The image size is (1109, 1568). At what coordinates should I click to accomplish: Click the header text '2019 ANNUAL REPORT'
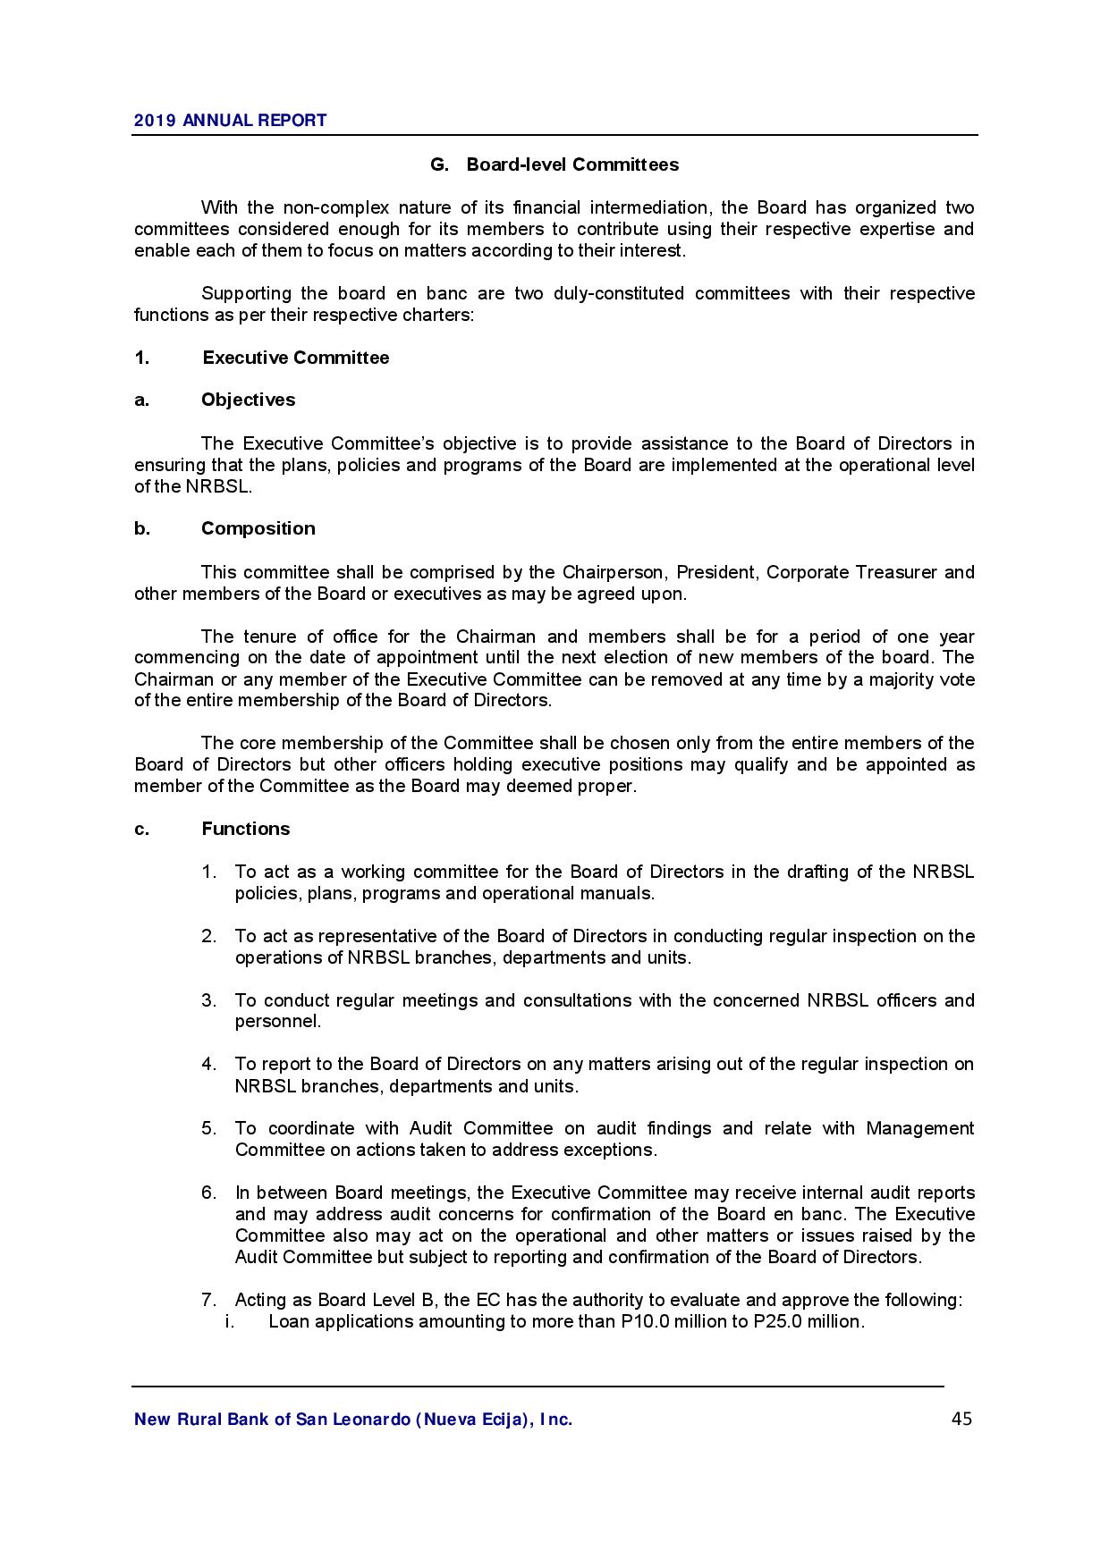230,121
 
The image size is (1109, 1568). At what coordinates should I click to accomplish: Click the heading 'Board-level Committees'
572,164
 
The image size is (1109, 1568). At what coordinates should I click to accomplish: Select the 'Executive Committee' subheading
296,358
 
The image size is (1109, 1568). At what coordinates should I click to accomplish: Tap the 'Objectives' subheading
248,400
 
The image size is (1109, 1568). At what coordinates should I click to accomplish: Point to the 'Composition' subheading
258,528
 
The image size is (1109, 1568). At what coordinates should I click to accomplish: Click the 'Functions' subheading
245,829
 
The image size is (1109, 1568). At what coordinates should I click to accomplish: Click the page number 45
961,1419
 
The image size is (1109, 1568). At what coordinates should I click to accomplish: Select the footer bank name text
353,1419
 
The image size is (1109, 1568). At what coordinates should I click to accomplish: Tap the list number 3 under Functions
208,1000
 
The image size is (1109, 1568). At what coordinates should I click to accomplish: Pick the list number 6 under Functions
208,1193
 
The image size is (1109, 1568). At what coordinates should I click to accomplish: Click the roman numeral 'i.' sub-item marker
229,1321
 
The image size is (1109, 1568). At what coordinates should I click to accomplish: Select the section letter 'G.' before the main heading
439,164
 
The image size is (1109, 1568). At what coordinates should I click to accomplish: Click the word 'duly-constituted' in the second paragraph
619,293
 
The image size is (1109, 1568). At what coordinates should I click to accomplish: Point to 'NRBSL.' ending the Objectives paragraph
219,486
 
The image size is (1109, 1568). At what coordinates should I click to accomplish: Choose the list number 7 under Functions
208,1300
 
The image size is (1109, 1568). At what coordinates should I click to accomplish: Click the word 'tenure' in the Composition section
270,636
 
